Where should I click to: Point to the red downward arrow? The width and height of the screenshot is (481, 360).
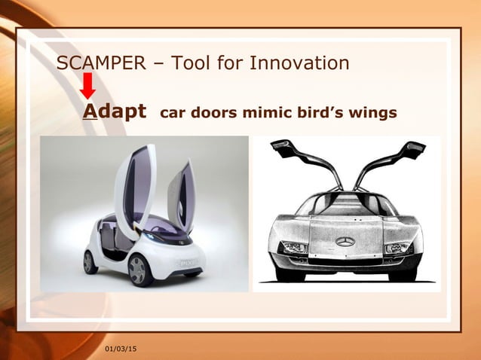pyautogui.click(x=88, y=85)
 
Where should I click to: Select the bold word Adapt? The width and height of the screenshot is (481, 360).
pyautogui.click(x=114, y=112)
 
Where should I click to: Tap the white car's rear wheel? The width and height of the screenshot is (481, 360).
pyautogui.click(x=90, y=261)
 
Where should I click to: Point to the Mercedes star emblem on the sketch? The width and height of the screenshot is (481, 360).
pyautogui.click(x=345, y=241)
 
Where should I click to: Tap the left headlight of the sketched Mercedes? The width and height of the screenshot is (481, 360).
pyautogui.click(x=294, y=247)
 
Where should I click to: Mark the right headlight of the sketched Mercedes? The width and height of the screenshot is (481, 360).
pyautogui.click(x=397, y=247)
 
